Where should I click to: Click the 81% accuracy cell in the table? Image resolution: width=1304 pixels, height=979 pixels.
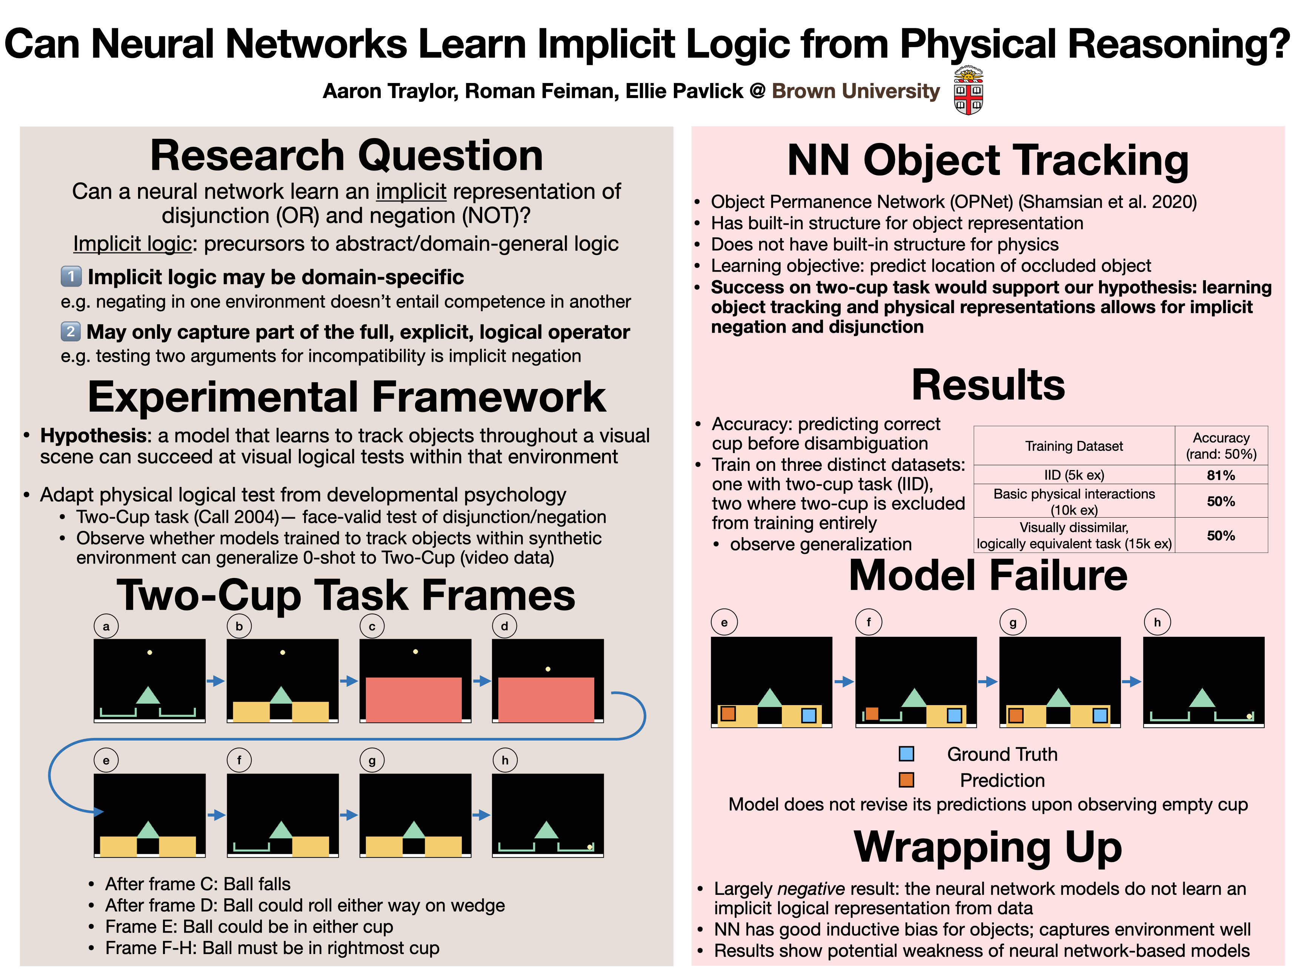click(x=1220, y=475)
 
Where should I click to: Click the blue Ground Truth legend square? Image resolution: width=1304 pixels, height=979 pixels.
click(x=906, y=754)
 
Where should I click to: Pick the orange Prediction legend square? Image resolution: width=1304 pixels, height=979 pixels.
click(x=906, y=780)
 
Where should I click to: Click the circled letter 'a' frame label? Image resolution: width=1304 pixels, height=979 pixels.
click(x=106, y=626)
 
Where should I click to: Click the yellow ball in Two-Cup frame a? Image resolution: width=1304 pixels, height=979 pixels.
click(x=150, y=652)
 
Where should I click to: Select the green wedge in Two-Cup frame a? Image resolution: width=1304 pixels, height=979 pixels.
click(x=148, y=696)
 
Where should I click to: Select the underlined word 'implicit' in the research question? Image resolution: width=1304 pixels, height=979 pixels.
click(x=411, y=192)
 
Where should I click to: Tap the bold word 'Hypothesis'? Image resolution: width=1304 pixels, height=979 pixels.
click(x=93, y=436)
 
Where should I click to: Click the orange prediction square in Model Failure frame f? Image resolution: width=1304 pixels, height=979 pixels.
click(x=872, y=714)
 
